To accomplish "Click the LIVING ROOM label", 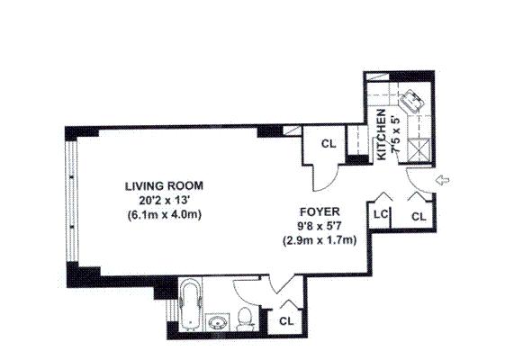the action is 164,185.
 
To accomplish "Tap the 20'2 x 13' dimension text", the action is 164,201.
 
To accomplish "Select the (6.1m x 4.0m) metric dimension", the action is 164,214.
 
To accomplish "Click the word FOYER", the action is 320,211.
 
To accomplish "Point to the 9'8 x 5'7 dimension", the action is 320,226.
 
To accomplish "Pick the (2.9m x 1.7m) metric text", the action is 320,240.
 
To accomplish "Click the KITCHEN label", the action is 382,135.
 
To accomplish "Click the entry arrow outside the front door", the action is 443,180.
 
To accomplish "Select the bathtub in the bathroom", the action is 190,305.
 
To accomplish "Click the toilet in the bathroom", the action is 246,319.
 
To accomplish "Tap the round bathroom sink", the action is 217,322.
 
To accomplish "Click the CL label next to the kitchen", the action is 329,144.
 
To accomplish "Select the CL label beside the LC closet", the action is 419,217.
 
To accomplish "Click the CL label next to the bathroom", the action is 286,321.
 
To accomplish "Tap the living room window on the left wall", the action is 71,202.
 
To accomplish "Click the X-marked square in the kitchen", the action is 419,150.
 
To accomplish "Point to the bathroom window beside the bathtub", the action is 172,310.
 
